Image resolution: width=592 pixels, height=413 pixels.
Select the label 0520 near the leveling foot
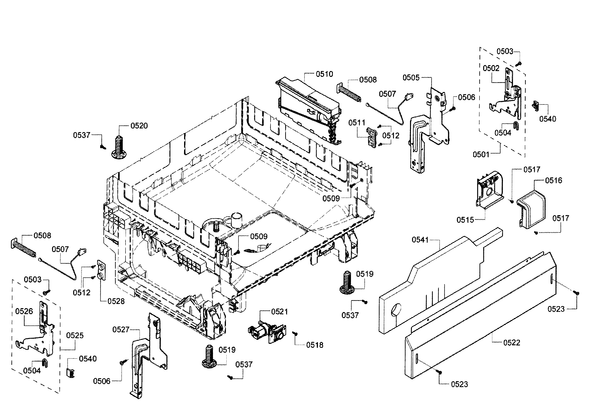(139, 126)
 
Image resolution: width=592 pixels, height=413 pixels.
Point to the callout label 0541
(420, 240)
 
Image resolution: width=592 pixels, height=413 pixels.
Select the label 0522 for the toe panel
(512, 343)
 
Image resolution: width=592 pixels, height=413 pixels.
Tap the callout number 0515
(465, 220)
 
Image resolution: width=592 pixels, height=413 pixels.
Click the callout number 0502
(491, 68)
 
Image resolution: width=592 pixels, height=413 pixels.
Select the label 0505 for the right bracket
(411, 78)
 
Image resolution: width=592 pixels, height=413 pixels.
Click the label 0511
(357, 123)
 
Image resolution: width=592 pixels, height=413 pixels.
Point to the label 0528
(116, 301)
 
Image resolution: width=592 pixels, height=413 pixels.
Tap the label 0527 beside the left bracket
(121, 330)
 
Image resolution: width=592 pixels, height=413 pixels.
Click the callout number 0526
(24, 311)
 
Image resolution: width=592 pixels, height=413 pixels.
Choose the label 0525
(75, 335)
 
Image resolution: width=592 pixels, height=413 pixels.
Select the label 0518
(314, 345)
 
